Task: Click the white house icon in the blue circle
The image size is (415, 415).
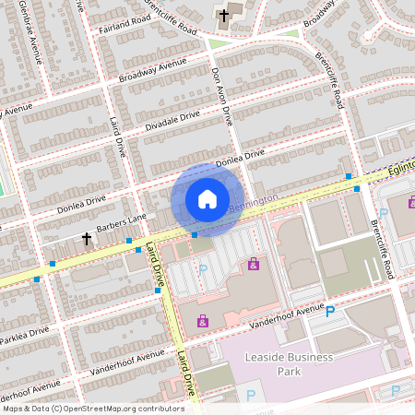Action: pyautogui.click(x=207, y=199)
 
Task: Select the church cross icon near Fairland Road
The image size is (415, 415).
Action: pyautogui.click(x=224, y=15)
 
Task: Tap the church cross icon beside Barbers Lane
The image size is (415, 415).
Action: pyautogui.click(x=88, y=238)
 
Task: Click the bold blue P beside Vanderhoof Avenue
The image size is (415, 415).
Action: pyautogui.click(x=329, y=313)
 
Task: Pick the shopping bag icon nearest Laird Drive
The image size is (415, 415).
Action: pyautogui.click(x=202, y=321)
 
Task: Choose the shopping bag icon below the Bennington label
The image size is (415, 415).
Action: pyautogui.click(x=254, y=265)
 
